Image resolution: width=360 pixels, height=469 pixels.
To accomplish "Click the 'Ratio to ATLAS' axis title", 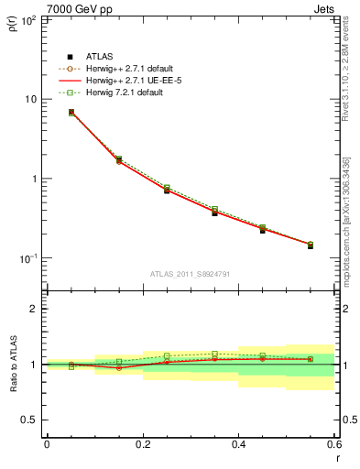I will click(x=13, y=365).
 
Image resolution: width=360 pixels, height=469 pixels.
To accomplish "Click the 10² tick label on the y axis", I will click(x=29, y=19).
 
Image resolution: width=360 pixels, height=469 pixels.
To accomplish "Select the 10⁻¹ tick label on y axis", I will click(x=29, y=259).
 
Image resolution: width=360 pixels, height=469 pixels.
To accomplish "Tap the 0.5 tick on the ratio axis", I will click(x=29, y=420).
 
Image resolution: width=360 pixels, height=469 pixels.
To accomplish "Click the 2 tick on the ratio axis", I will click(x=33, y=309).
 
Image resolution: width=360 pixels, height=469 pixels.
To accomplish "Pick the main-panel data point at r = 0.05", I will click(x=71, y=113).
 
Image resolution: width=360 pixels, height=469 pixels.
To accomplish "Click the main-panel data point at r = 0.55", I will click(x=310, y=245).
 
